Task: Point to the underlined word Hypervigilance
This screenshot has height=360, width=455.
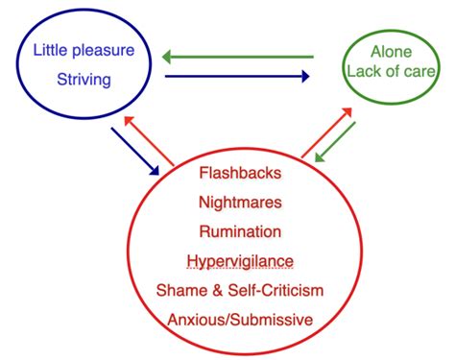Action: [x=239, y=261]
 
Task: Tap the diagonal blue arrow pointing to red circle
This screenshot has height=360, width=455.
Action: [x=135, y=150]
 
